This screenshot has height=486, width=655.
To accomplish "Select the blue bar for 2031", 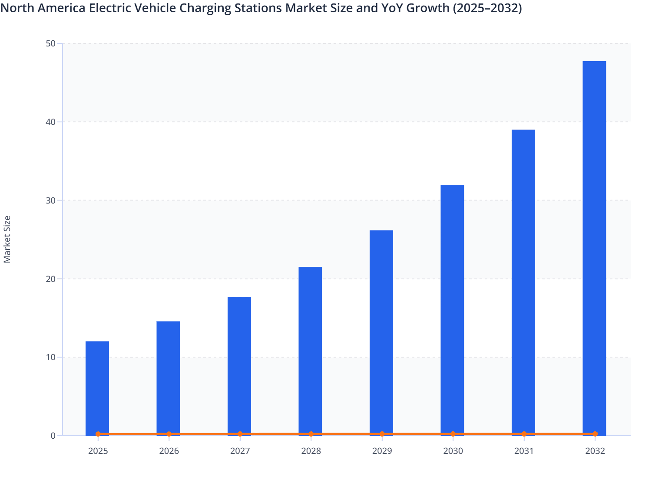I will pyautogui.click(x=523, y=282).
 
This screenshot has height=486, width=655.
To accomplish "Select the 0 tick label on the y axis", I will pyautogui.click(x=53, y=436).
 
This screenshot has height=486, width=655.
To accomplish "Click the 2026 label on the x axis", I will pyautogui.click(x=169, y=451).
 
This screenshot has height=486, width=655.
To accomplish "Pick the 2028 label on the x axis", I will pyautogui.click(x=311, y=451).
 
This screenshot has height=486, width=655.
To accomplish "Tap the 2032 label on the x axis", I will pyautogui.click(x=595, y=451).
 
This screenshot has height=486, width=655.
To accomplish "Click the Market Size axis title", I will pyautogui.click(x=7, y=240).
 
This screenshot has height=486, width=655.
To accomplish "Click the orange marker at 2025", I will pyautogui.click(x=98, y=434).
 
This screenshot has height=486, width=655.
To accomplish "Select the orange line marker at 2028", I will pyautogui.click(x=311, y=434).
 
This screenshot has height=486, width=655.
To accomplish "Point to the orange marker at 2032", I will pyautogui.click(x=595, y=434).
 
